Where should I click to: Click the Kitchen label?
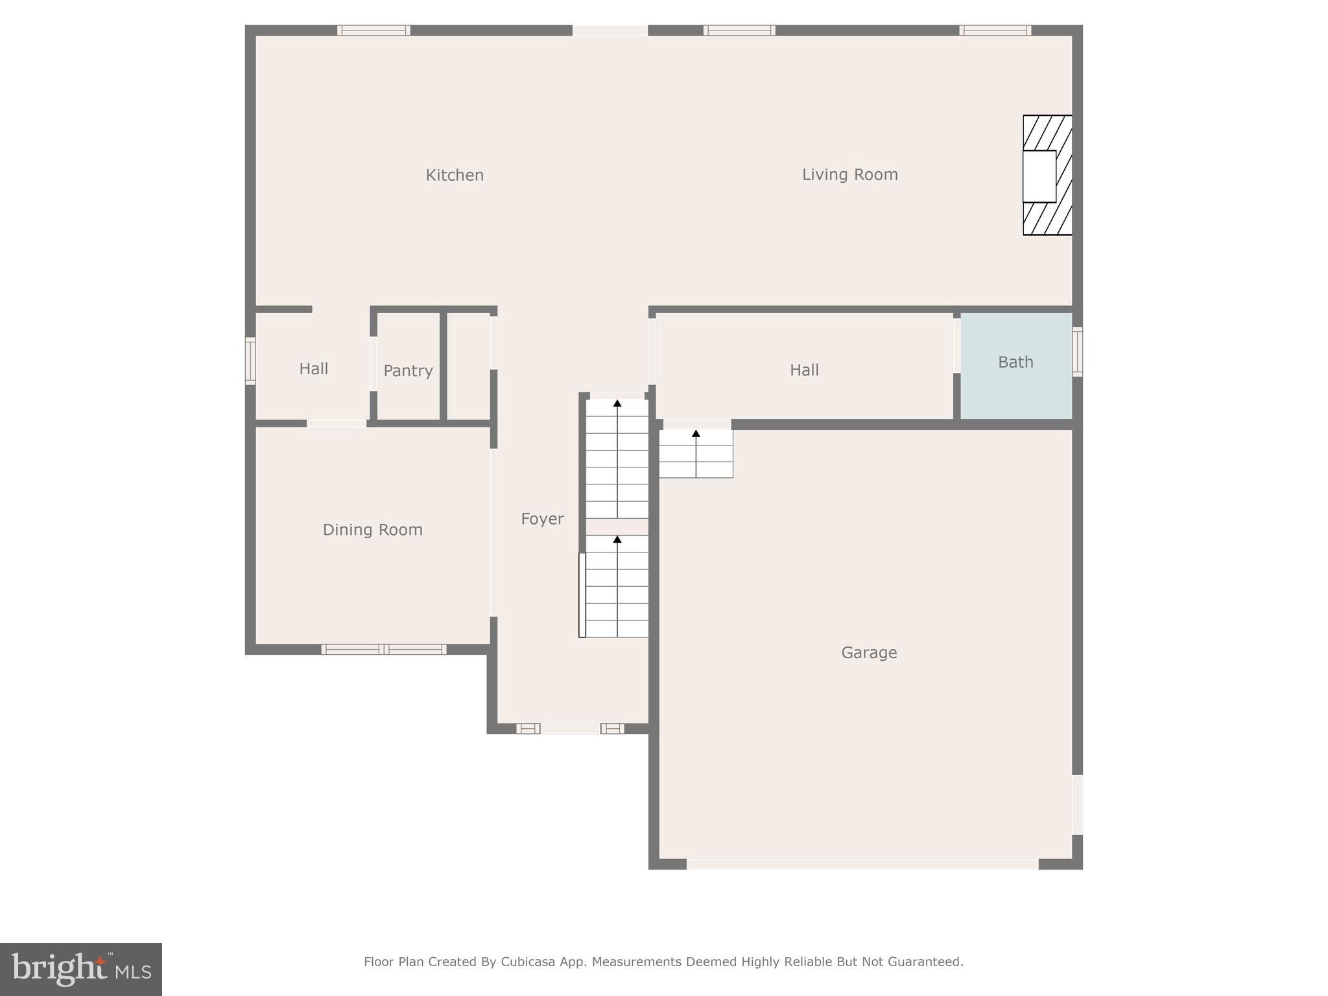[x=455, y=175]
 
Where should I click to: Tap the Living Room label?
[x=849, y=174]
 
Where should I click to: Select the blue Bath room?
[x=1015, y=383]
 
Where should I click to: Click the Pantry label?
[x=408, y=371]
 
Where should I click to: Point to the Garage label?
[x=869, y=652]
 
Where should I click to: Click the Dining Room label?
[x=372, y=530]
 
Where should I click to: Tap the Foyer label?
[x=542, y=519]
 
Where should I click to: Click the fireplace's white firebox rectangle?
[x=1039, y=176]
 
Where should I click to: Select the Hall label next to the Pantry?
[x=313, y=369]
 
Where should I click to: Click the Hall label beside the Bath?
[x=804, y=370]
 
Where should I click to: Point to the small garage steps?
[x=696, y=453]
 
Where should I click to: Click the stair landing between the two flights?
[x=617, y=527]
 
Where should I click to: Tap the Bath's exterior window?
[x=1077, y=351]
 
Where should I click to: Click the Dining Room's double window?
[x=384, y=649]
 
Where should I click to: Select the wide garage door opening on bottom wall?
[x=862, y=864]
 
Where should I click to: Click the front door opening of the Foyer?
[x=570, y=729]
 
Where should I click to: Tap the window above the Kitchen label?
[x=373, y=30]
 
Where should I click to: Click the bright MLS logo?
[x=81, y=969]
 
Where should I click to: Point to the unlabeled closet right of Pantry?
[x=469, y=367]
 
